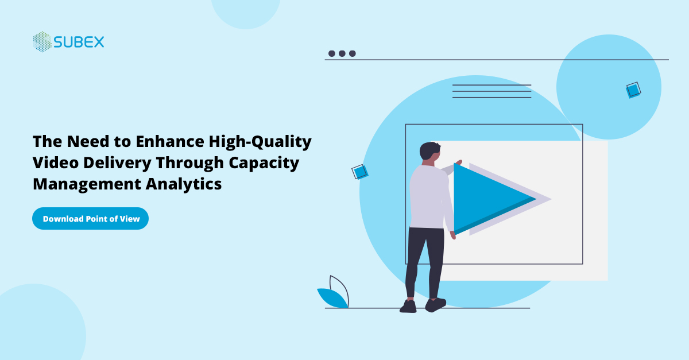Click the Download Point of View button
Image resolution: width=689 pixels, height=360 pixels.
[x=90, y=219]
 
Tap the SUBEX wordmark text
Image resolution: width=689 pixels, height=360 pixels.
[x=79, y=42]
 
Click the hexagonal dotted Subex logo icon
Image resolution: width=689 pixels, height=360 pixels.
[x=42, y=42]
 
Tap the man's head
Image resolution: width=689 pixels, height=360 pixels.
[x=429, y=152]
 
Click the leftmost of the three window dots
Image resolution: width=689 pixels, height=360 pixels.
[x=332, y=53]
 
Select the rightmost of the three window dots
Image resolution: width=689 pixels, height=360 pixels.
[x=353, y=53]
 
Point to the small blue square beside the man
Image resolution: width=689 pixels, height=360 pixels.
[x=359, y=172]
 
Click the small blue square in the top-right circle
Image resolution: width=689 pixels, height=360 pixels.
[x=633, y=90]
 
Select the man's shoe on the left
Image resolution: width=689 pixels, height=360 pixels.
[x=408, y=307]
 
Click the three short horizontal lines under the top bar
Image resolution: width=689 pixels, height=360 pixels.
[x=491, y=91]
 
